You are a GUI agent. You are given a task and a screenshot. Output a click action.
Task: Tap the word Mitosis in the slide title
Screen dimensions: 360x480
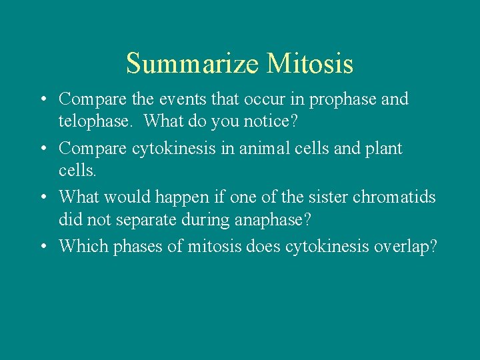point(310,64)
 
